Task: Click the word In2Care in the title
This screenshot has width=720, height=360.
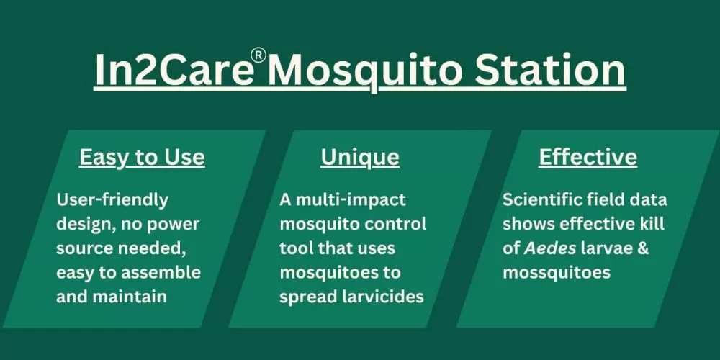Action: [x=174, y=71]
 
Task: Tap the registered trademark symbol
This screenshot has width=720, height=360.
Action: [x=258, y=55]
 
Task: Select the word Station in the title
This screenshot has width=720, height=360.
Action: [x=550, y=71]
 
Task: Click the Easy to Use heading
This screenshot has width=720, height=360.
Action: [x=142, y=158]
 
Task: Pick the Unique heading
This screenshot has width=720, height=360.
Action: [x=360, y=158]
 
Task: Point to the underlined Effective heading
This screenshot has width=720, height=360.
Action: [x=588, y=158]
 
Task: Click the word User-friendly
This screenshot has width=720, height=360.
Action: [x=112, y=200]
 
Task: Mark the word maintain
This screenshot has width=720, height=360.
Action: [x=130, y=296]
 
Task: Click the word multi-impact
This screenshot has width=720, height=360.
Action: [x=351, y=200]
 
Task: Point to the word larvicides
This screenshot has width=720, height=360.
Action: [x=383, y=296]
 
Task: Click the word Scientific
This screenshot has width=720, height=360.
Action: [x=542, y=199]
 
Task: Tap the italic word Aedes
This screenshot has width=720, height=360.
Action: [x=550, y=248]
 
